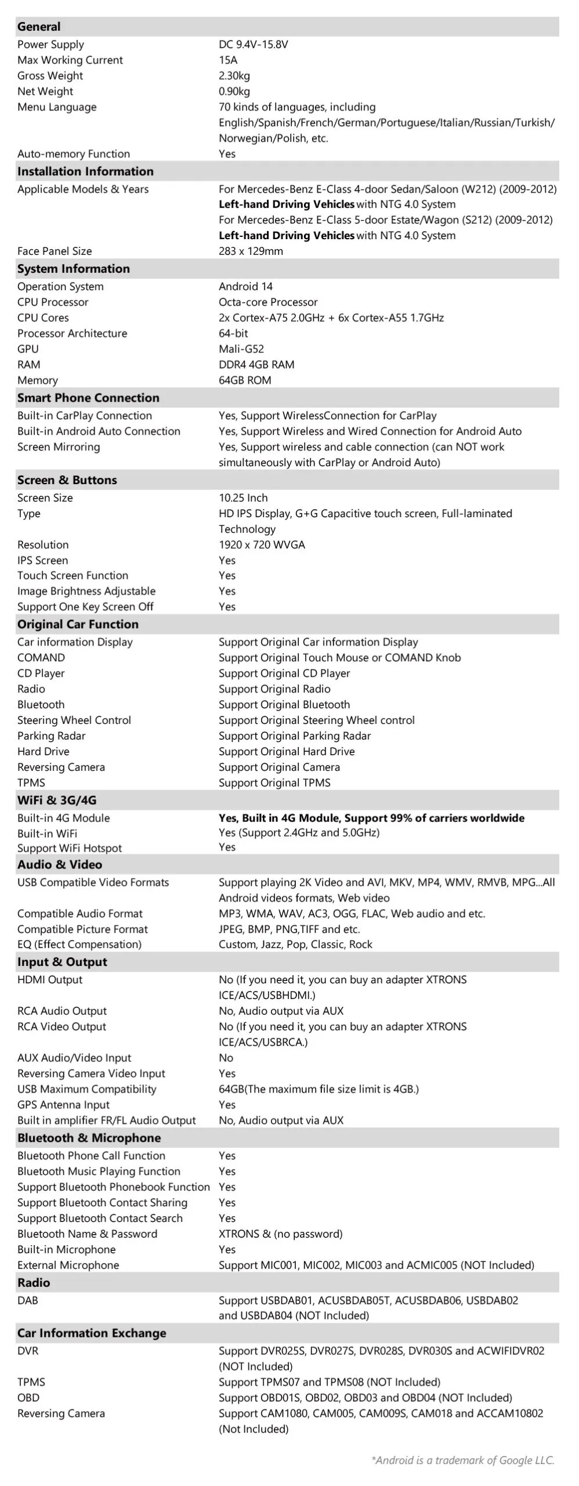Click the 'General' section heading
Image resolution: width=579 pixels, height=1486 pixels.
[x=39, y=27]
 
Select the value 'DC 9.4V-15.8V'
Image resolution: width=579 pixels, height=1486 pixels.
[x=253, y=45]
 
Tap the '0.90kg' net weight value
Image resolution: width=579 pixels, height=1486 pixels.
[x=234, y=91]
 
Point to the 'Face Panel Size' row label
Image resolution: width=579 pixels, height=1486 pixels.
[x=55, y=251]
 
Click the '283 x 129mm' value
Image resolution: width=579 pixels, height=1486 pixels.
[x=251, y=251]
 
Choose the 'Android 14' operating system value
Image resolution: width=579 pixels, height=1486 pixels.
[x=245, y=286]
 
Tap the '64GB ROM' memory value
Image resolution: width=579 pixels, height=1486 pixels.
[x=245, y=380]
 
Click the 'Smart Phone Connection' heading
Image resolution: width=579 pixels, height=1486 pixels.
[x=88, y=398]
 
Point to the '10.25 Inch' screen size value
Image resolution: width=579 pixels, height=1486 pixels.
[x=243, y=497]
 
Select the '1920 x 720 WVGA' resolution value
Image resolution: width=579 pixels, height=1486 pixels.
[x=262, y=544]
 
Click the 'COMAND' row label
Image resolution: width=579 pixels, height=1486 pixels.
[x=41, y=658]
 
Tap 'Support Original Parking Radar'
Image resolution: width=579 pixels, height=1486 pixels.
[x=295, y=735]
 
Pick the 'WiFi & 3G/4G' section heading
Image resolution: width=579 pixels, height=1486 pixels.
[x=57, y=800]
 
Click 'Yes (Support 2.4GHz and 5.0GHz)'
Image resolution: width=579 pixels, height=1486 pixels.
[x=299, y=832]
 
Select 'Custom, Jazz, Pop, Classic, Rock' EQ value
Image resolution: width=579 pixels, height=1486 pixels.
[x=295, y=944]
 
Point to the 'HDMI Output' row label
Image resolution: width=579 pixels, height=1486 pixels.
[x=50, y=979]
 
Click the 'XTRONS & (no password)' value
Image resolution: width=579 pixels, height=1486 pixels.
[x=280, y=1233]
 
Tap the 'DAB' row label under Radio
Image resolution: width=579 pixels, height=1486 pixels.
[x=28, y=1300]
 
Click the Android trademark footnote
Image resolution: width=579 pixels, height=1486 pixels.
[x=462, y=1460]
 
